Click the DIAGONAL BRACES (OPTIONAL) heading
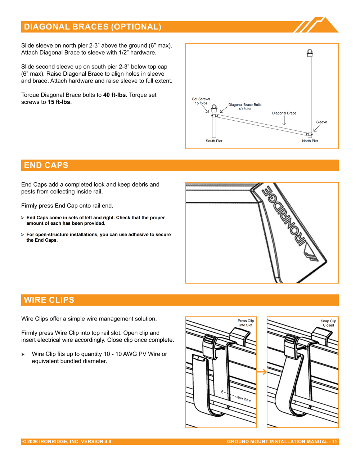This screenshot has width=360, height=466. click(x=93, y=27)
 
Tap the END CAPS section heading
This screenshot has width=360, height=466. click(x=46, y=165)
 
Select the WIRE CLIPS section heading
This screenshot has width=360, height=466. click(x=49, y=300)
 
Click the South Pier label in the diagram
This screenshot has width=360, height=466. click(x=214, y=141)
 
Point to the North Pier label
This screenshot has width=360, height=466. click(x=310, y=141)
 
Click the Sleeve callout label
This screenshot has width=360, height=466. click(x=321, y=122)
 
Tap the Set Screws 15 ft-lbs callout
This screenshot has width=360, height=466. click(x=201, y=101)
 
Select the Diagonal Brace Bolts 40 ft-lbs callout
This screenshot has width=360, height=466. click(x=245, y=107)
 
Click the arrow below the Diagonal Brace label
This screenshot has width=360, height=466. click(x=284, y=121)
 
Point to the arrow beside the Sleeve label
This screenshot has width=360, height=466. click(x=317, y=128)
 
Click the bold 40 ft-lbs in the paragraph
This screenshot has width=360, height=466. click(x=114, y=95)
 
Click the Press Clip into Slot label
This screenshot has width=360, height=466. click(x=246, y=323)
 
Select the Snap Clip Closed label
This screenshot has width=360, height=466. click(x=328, y=323)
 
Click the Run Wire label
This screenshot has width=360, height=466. click(x=243, y=399)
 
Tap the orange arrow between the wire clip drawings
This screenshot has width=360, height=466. click(x=262, y=372)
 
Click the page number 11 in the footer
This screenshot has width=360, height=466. click(x=334, y=442)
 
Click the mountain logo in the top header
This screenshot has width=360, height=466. click(x=316, y=25)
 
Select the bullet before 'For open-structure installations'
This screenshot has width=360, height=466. click(x=22, y=234)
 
